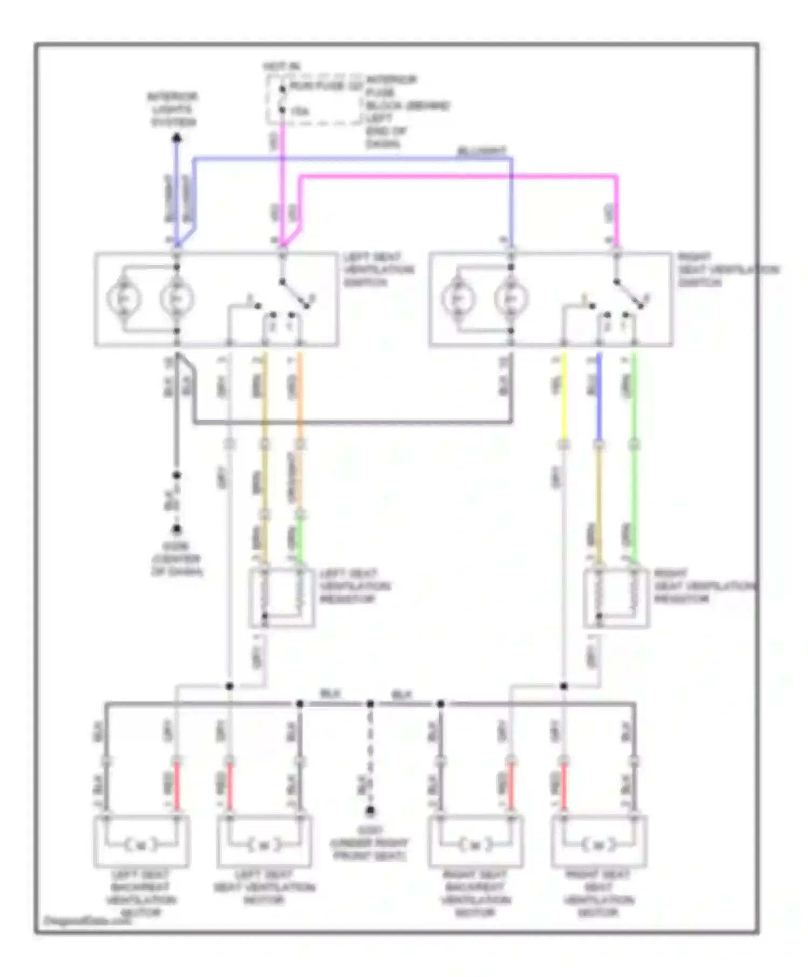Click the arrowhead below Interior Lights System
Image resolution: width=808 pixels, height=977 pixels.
click(x=176, y=138)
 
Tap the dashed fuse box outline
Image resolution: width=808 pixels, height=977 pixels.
click(x=315, y=100)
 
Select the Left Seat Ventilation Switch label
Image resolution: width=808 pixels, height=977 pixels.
click(x=378, y=269)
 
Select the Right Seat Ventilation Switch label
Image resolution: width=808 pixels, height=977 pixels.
click(x=727, y=269)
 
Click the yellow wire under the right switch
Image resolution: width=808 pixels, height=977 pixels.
click(x=563, y=399)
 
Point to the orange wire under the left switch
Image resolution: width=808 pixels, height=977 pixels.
click(x=300, y=399)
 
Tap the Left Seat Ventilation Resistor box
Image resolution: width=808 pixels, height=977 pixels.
click(x=282, y=597)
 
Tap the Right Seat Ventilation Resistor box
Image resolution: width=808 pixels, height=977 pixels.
click(x=616, y=597)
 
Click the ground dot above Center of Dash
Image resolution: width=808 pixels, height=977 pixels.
click(x=176, y=529)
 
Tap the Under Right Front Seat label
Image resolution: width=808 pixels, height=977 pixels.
click(x=370, y=843)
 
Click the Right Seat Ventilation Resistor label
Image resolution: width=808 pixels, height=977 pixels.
click(x=703, y=586)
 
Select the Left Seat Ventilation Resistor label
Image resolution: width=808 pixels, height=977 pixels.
click(x=354, y=586)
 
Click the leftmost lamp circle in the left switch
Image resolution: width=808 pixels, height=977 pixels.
click(x=124, y=298)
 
